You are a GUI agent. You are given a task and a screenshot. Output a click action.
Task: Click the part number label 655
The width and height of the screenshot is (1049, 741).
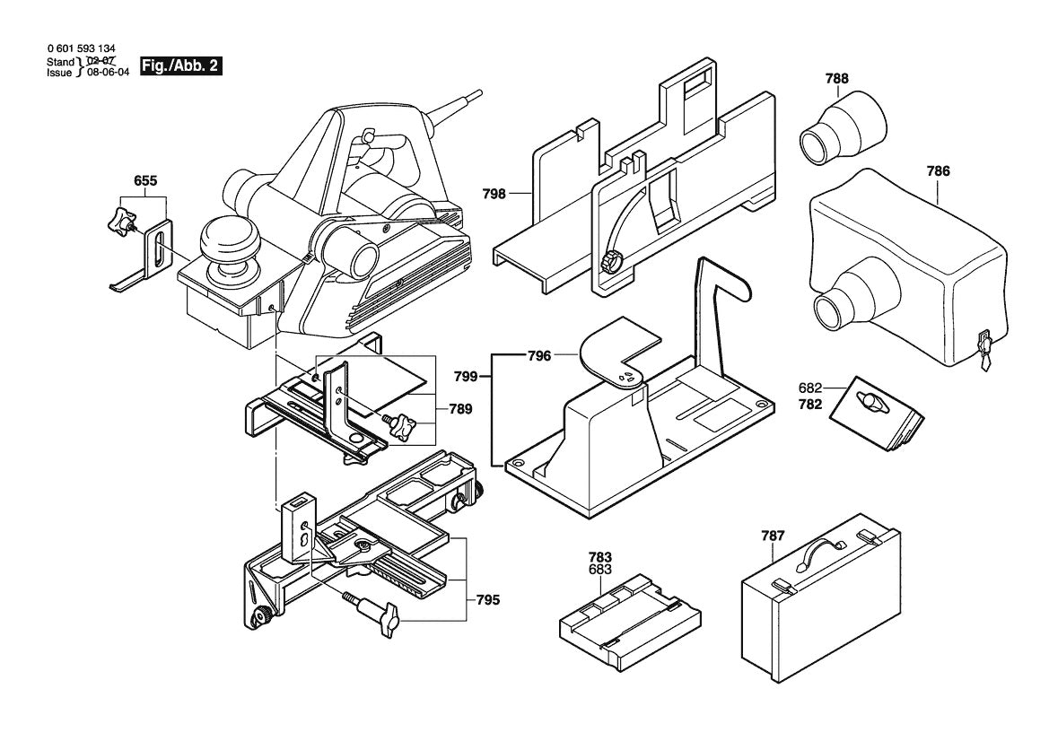(146, 180)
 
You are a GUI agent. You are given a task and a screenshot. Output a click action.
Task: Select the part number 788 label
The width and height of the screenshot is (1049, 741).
(836, 79)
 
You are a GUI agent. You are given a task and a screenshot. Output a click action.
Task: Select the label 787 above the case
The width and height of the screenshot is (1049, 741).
(773, 536)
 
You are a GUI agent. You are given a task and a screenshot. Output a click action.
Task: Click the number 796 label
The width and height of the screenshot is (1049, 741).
(538, 356)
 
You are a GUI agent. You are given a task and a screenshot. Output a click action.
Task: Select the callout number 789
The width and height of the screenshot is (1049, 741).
(461, 408)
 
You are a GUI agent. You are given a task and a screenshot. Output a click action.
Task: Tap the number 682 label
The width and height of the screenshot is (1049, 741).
(810, 388)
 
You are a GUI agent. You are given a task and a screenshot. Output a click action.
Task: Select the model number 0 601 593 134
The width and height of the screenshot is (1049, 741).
(81, 48)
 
